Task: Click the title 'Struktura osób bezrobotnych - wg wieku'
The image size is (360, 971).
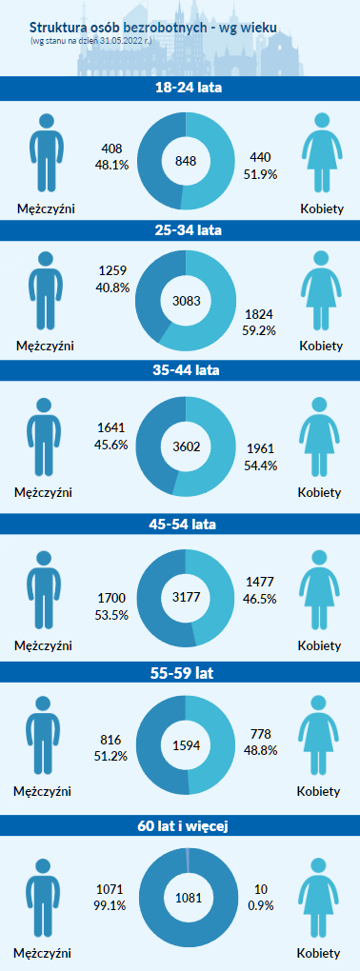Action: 153,28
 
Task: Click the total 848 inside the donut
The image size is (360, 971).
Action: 186,161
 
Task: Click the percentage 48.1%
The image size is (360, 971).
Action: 110,165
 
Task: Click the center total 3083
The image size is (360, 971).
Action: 186,301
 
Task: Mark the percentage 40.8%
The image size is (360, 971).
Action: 112,287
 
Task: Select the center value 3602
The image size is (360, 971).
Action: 186,447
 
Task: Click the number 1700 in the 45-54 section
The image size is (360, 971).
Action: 111,598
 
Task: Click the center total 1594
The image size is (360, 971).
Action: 186,745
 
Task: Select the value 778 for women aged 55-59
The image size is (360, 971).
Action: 260,735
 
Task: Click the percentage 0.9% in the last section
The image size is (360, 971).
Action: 260,905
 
